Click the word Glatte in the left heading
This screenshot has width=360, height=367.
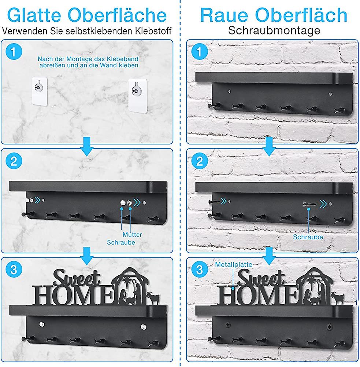pyautogui.click(x=34, y=15)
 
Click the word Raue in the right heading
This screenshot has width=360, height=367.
pyautogui.click(x=224, y=15)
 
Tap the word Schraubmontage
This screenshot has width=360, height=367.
pyautogui.click(x=274, y=30)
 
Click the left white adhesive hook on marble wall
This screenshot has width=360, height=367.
pyautogui.click(x=40, y=91)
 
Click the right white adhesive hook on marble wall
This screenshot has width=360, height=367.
pyautogui.click(x=138, y=96)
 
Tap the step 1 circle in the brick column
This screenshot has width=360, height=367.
pyautogui.click(x=199, y=52)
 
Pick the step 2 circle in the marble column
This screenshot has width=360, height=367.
pyautogui.click(x=14, y=161)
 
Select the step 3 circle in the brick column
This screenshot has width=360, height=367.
pyautogui.click(x=199, y=269)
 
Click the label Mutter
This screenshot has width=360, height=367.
pyautogui.click(x=132, y=235)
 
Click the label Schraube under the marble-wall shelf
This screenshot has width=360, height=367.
pyautogui.click(x=121, y=242)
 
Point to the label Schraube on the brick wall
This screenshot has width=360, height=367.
pyautogui.click(x=308, y=237)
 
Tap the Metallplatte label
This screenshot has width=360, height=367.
pyautogui.click(x=234, y=264)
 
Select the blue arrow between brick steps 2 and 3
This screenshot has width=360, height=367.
pyautogui.click(x=269, y=256)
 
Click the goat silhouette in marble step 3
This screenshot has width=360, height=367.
pyautogui.click(x=153, y=298)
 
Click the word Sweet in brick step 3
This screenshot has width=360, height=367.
pyautogui.click(x=261, y=278)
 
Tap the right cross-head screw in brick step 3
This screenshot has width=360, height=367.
pyautogui.click(x=329, y=327)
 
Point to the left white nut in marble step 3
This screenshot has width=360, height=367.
pyautogui.click(x=42, y=324)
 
